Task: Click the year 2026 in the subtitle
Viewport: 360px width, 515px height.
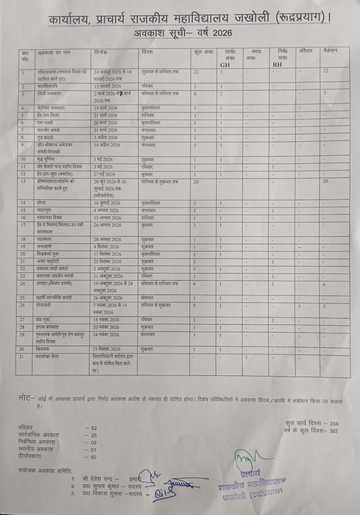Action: point(222,33)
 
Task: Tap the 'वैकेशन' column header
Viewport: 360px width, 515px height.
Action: point(330,51)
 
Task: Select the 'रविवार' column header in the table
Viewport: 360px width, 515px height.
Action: point(306,51)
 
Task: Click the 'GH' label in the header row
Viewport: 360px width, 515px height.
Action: point(225,65)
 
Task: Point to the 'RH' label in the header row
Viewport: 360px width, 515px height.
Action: point(277,65)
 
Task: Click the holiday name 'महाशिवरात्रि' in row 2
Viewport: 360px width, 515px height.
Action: point(48,86)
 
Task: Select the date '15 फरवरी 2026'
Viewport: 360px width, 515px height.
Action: point(108,86)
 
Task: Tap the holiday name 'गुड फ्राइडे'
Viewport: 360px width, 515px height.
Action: point(45,137)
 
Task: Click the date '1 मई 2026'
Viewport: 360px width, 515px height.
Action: point(103,159)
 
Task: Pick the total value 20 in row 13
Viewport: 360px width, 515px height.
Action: point(196,182)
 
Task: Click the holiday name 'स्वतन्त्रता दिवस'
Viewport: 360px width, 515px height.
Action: point(50,217)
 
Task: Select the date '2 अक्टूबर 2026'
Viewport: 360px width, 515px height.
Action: point(108,269)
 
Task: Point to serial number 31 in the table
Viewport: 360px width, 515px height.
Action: point(21,356)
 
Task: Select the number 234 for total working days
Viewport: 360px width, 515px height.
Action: point(334,424)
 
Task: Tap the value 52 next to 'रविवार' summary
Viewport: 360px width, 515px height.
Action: point(94,428)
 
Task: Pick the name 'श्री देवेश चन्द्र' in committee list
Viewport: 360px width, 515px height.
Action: point(97,479)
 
